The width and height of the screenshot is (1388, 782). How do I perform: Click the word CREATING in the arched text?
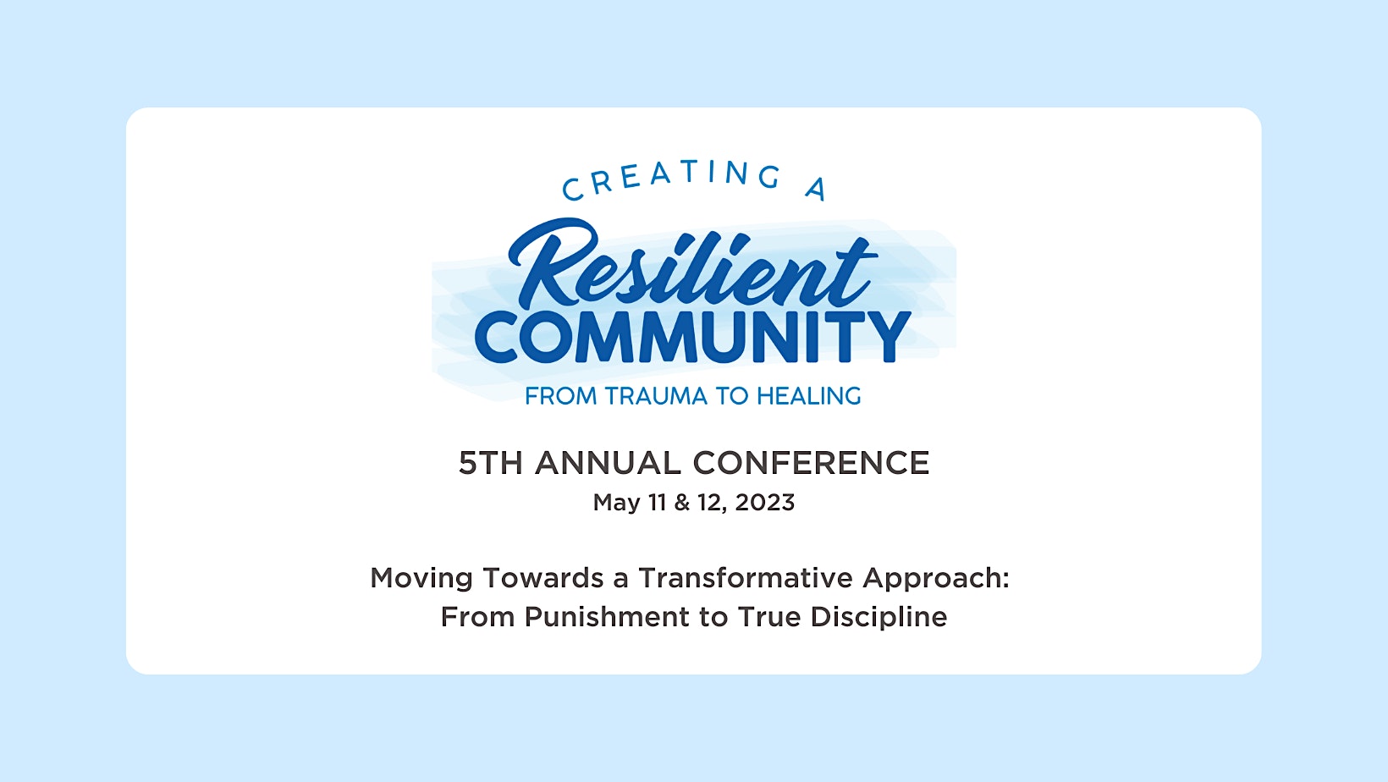[671, 179]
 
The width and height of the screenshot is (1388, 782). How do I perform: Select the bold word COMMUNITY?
[693, 337]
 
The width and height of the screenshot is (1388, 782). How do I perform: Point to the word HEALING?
[808, 396]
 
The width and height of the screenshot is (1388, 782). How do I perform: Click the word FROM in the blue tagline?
[561, 396]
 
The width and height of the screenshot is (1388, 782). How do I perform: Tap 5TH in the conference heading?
[491, 463]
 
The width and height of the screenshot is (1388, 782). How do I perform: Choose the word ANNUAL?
[608, 463]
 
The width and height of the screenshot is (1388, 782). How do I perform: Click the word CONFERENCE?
[811, 463]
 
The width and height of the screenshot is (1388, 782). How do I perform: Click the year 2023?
[764, 503]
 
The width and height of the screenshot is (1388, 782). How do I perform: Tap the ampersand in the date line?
[681, 503]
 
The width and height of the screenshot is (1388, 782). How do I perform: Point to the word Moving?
[421, 579]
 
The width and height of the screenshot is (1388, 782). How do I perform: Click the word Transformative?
[746, 578]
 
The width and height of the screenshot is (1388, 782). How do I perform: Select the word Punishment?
[607, 617]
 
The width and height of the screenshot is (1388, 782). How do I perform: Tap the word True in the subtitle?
[768, 617]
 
